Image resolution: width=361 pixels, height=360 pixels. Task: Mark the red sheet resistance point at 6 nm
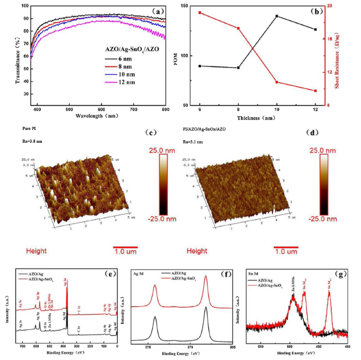[x=200, y=13]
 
